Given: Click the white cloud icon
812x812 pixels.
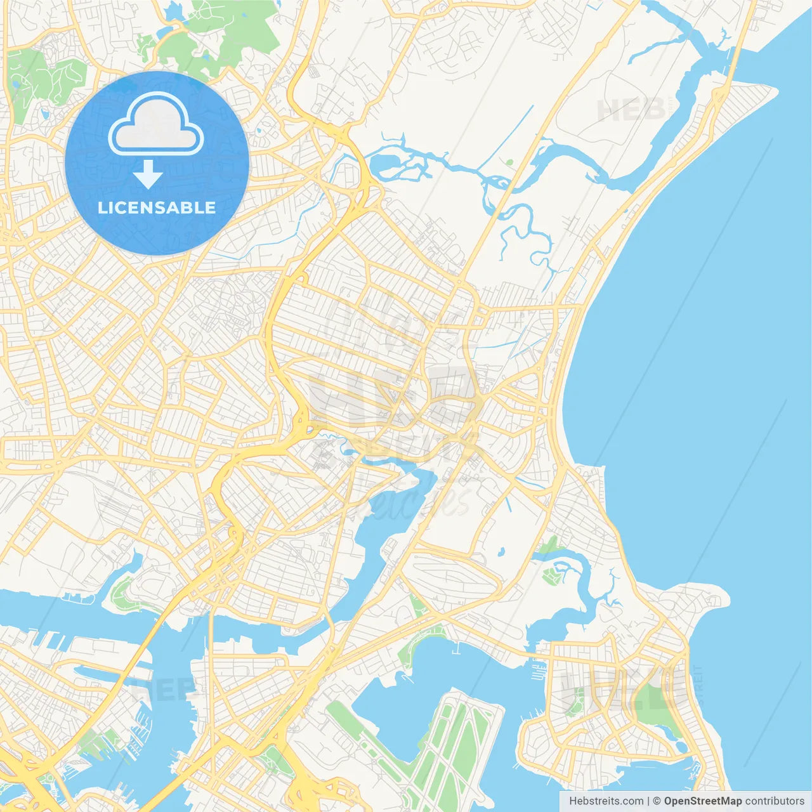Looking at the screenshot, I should pyautogui.click(x=156, y=124).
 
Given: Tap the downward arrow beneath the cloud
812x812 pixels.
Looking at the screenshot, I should pyautogui.click(x=148, y=174).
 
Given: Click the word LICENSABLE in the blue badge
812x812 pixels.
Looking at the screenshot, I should pyautogui.click(x=157, y=207).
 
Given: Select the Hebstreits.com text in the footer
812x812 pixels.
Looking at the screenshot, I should pyautogui.click(x=606, y=801).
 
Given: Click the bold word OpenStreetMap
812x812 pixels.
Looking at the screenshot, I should pyautogui.click(x=702, y=801).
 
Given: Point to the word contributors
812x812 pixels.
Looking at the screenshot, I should pyautogui.click(x=774, y=801).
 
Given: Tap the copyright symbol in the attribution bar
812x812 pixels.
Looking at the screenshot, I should pyautogui.click(x=657, y=801).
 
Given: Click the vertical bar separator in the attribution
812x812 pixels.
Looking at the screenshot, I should pyautogui.click(x=648, y=801).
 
